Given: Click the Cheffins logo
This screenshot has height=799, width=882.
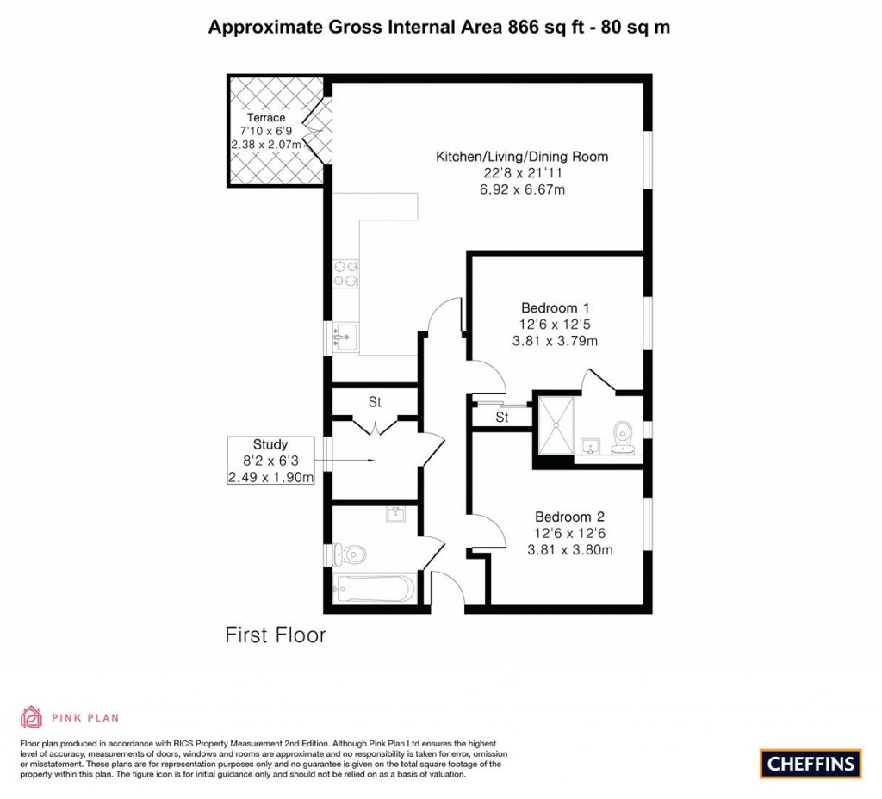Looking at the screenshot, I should pos(811,762).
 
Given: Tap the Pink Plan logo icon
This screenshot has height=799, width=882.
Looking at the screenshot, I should pos(31,716).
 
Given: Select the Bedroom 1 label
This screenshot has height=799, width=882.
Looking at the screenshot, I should pos(555,307).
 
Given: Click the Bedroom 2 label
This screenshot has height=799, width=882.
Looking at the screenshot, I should pos(569,517).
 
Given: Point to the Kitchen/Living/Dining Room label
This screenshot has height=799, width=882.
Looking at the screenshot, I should pos(522,157).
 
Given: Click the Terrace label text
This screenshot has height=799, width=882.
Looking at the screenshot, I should pos(266,118).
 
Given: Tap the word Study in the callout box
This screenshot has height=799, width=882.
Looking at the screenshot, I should pos(270,445).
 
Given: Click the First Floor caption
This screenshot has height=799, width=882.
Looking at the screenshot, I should pos(276,636).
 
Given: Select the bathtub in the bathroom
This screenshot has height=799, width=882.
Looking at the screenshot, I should pos(374,590).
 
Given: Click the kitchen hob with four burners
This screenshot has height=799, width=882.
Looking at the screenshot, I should pos(345,272).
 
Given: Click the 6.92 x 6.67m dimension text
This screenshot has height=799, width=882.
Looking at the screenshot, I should pos(522,189).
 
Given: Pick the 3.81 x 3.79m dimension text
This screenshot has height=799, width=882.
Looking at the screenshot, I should pos(555,341).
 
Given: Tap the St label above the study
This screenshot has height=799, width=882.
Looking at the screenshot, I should pos(375,401).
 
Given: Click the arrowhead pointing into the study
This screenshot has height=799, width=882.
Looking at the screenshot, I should pos(370,461).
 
